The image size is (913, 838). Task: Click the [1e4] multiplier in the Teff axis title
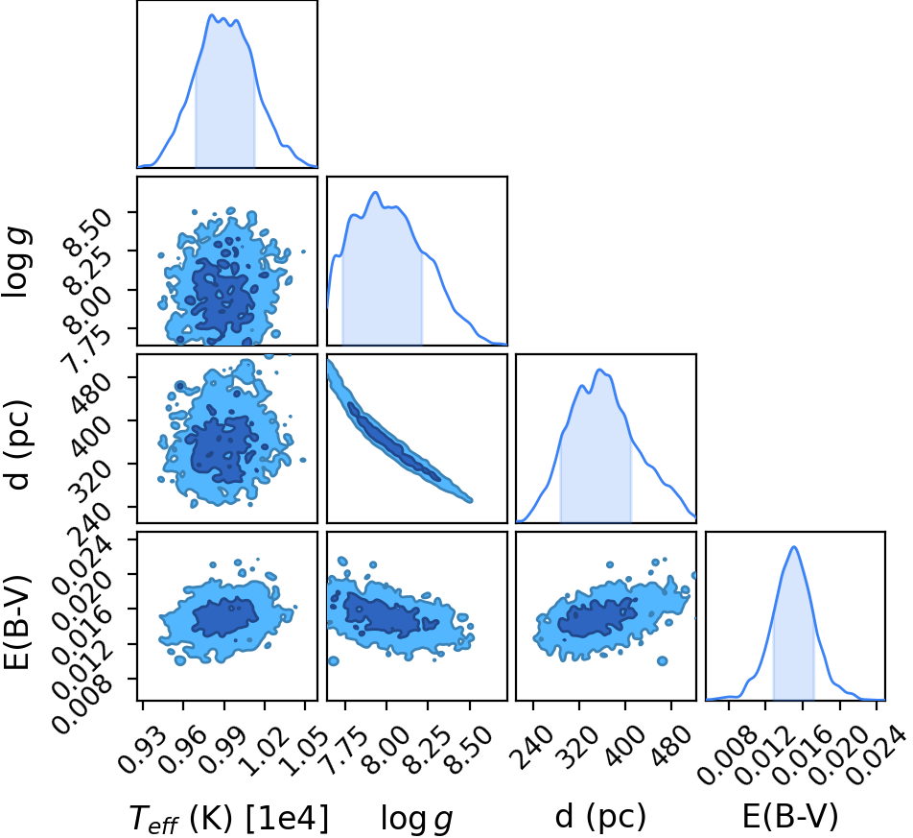287,818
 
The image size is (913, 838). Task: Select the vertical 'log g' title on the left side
17,263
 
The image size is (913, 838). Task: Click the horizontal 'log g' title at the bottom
416,819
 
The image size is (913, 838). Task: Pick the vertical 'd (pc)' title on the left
17,444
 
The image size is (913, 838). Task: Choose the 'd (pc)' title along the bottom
600,817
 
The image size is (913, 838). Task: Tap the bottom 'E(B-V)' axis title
790,817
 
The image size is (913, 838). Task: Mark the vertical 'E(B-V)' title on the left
17,622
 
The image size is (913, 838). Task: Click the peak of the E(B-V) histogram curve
794,546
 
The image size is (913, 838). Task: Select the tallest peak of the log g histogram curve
376,192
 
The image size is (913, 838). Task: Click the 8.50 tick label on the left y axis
88,232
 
